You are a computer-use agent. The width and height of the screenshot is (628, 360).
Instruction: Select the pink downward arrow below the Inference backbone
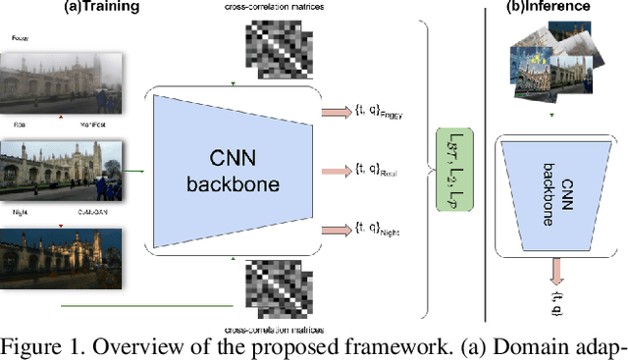pyautogui.click(x=555, y=268)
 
